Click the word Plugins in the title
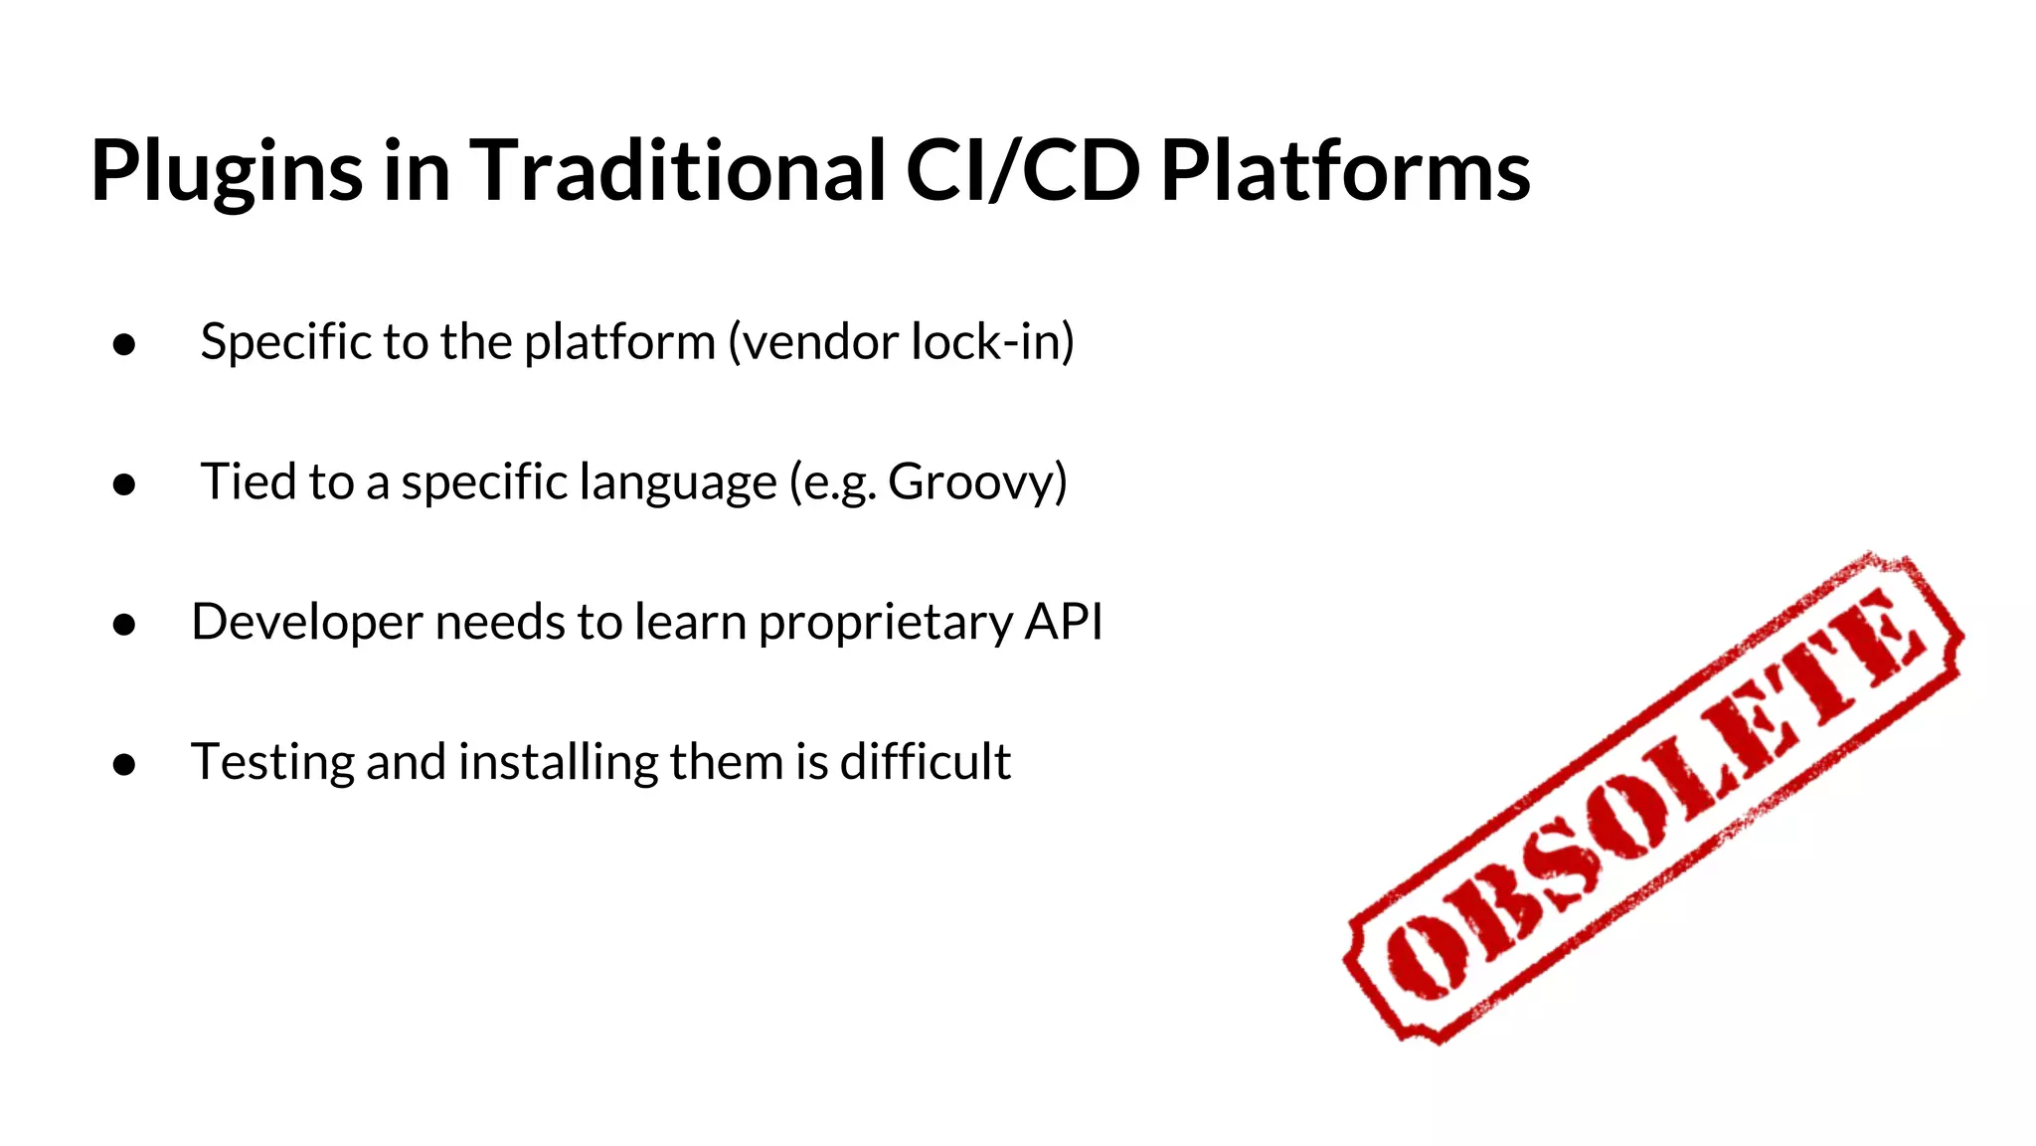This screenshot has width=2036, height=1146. click(227, 172)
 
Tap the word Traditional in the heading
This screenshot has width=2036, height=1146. click(676, 170)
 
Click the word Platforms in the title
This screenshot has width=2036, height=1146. click(1344, 170)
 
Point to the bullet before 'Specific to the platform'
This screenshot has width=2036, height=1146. click(124, 344)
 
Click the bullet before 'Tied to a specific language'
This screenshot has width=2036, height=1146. click(124, 484)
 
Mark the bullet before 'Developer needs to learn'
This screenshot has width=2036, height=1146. click(124, 625)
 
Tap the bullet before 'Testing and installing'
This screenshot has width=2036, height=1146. click(124, 764)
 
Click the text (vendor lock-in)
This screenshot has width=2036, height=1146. click(901, 342)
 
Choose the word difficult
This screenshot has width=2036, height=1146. click(925, 762)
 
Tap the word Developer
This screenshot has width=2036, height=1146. click(307, 623)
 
